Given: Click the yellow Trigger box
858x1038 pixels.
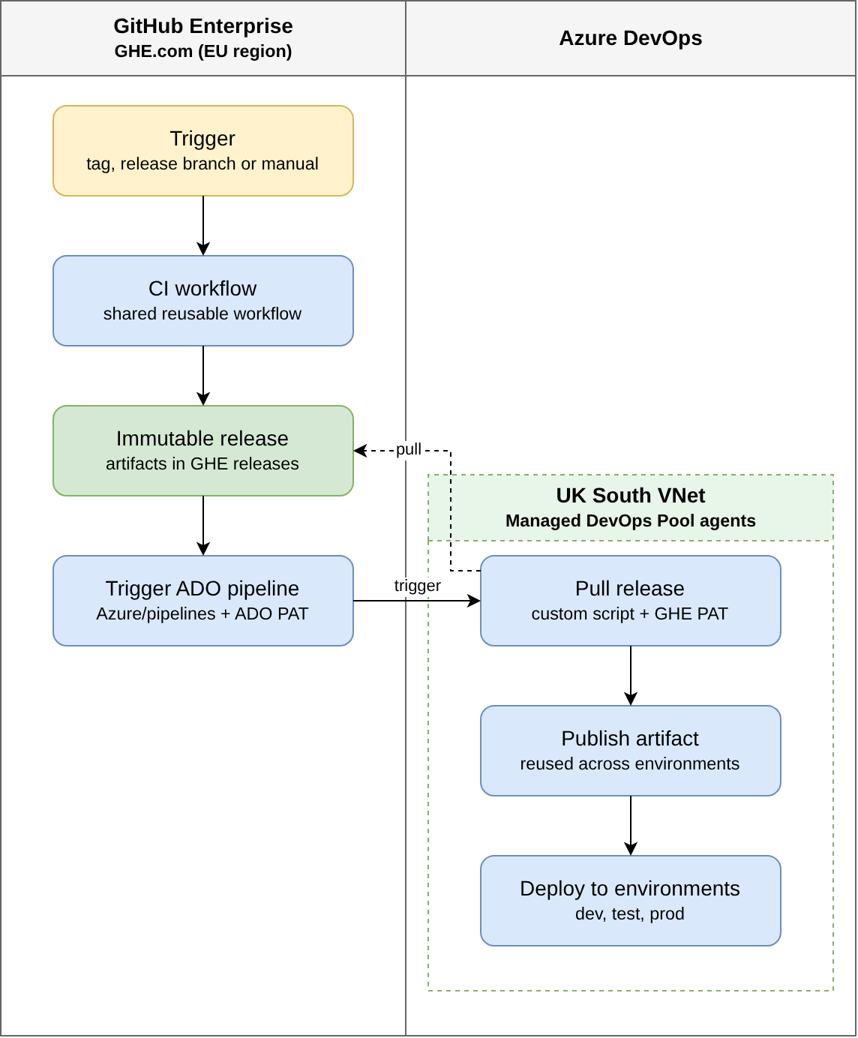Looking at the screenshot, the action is [202, 151].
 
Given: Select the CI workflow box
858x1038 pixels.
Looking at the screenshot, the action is [202, 301].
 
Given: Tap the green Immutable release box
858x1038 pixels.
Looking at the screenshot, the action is [202, 451].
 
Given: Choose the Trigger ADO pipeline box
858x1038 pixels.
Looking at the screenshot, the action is [202, 601].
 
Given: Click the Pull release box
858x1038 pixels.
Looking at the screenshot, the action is [630, 601].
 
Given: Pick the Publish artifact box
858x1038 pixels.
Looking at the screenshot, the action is [630, 751].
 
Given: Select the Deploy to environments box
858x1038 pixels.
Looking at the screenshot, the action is [630, 901].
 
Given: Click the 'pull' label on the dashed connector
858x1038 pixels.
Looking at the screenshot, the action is [408, 449].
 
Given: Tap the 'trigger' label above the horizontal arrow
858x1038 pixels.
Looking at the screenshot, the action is [417, 586].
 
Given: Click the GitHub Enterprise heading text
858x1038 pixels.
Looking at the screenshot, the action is [202, 25].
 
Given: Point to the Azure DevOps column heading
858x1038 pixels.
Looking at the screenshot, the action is [630, 38].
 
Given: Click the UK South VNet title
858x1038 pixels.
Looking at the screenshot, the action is [630, 495].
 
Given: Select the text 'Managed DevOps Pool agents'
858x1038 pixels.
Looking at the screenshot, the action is [630, 520].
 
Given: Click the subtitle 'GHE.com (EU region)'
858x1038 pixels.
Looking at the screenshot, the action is [202, 51].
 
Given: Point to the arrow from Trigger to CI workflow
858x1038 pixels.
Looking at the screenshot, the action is [202, 226].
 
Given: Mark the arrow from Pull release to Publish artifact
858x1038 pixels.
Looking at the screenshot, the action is [630, 676].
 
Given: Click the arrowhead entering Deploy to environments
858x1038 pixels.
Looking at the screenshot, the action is [630, 849].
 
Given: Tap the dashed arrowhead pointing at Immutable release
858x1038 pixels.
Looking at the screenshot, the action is [360, 451].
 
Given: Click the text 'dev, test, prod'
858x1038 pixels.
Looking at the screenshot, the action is [630, 913].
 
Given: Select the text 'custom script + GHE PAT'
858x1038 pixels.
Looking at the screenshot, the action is [630, 613].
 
